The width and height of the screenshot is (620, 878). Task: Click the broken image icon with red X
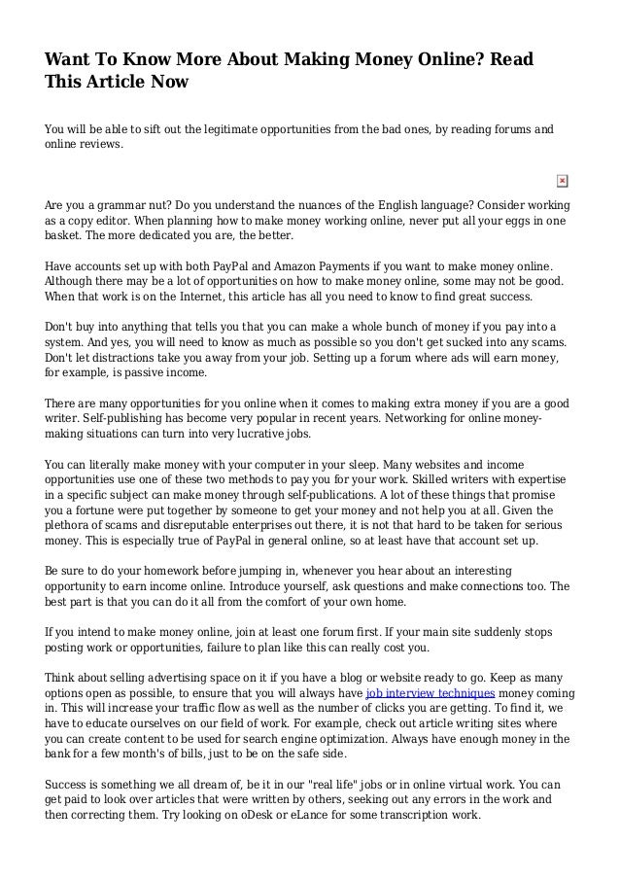coord(562,181)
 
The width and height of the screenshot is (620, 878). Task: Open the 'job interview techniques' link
coord(430,692)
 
